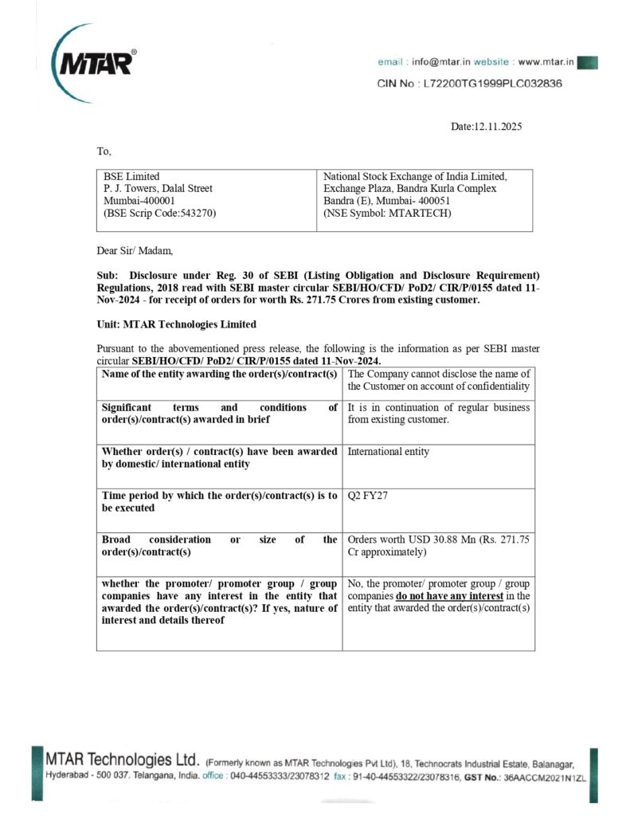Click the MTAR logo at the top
coord(92,60)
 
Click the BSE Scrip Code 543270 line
coord(160,213)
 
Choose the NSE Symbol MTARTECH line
coord(387,213)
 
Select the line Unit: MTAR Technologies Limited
coord(176,324)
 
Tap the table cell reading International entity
coord(389,452)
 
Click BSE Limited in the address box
coord(131,176)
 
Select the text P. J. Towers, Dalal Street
coord(158,189)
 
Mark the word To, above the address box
coord(104,151)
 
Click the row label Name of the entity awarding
coord(219,374)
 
